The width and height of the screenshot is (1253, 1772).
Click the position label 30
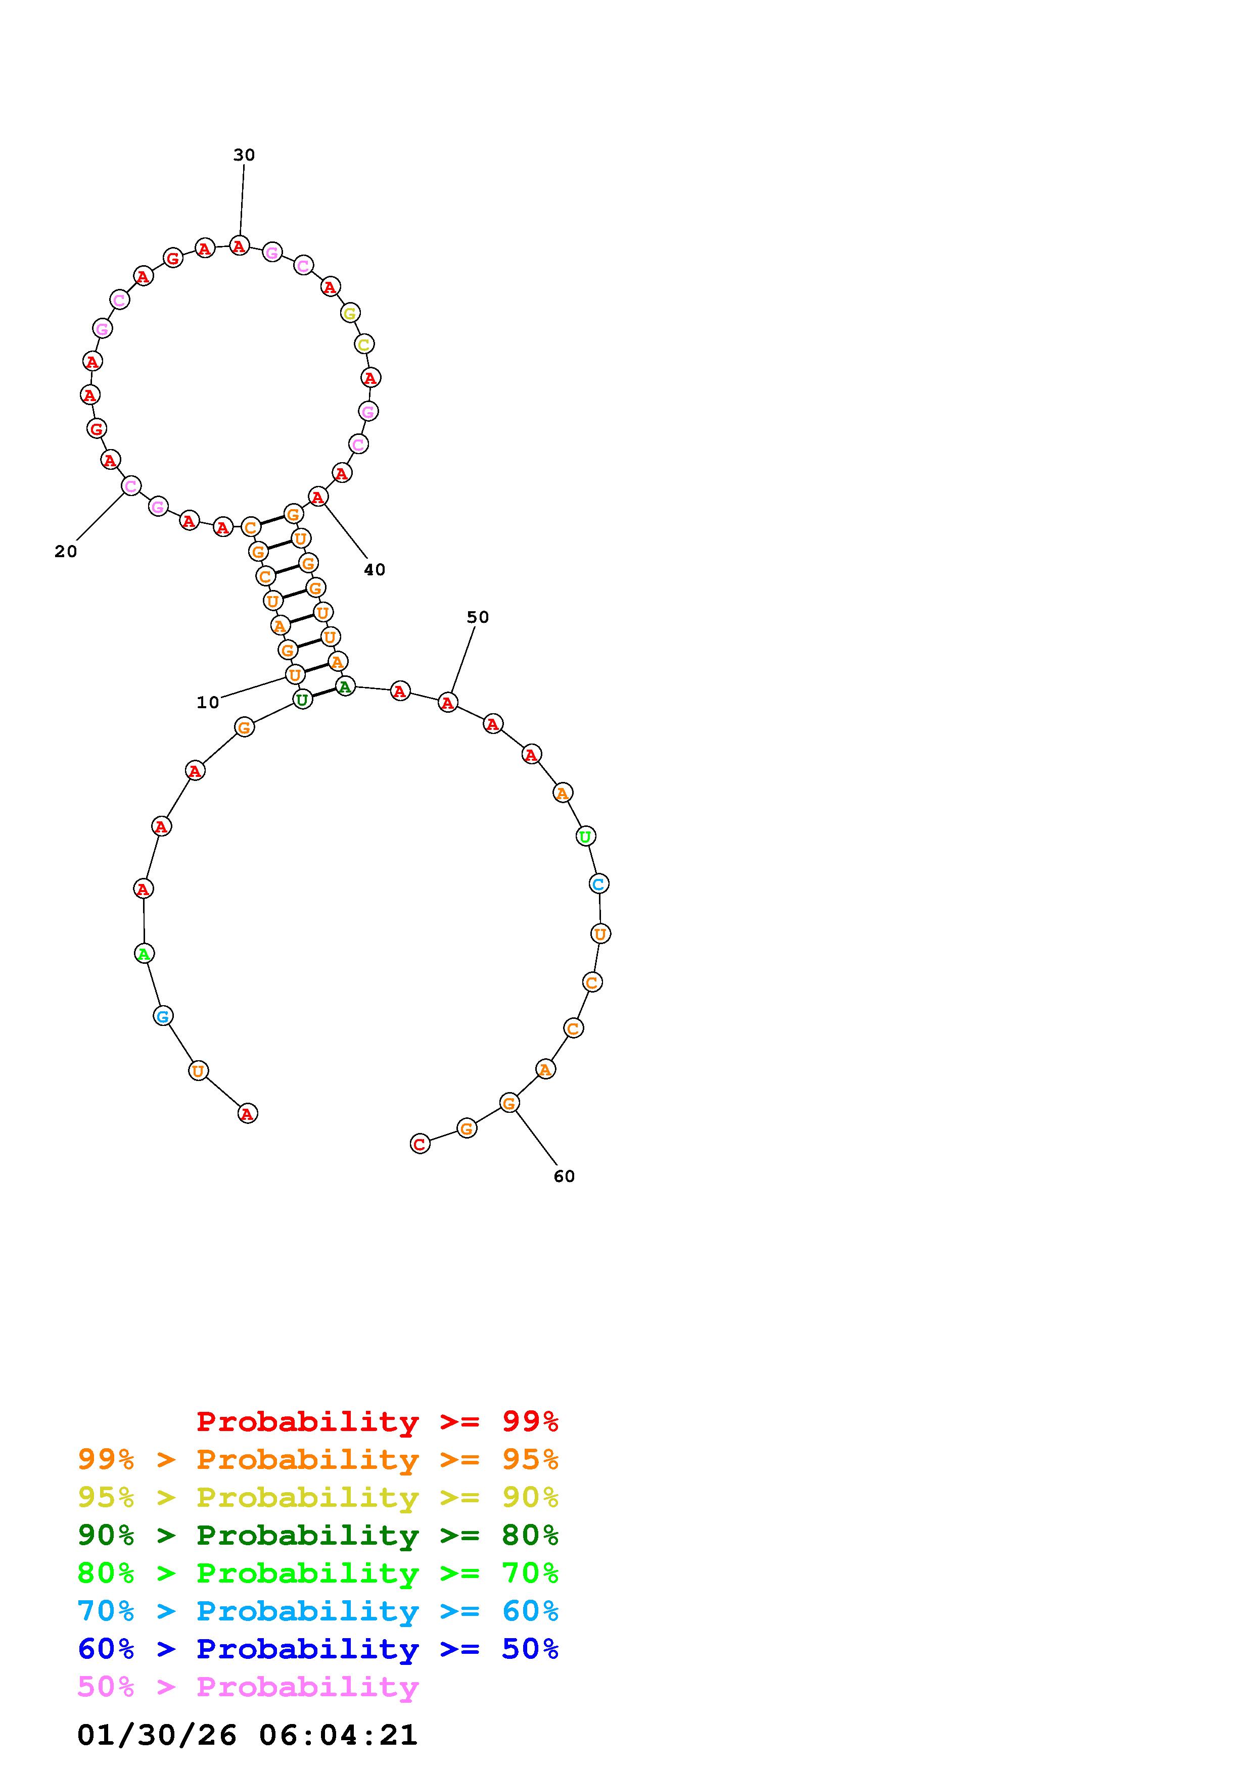(244, 155)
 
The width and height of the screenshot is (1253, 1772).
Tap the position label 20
(66, 552)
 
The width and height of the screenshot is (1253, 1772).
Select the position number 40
(375, 570)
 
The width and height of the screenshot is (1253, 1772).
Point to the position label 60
(565, 1176)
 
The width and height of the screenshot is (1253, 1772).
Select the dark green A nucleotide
(345, 686)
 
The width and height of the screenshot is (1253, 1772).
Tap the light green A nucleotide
(144, 954)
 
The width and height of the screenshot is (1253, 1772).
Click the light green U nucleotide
(585, 836)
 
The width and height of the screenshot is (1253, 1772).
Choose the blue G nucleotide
(162, 1016)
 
